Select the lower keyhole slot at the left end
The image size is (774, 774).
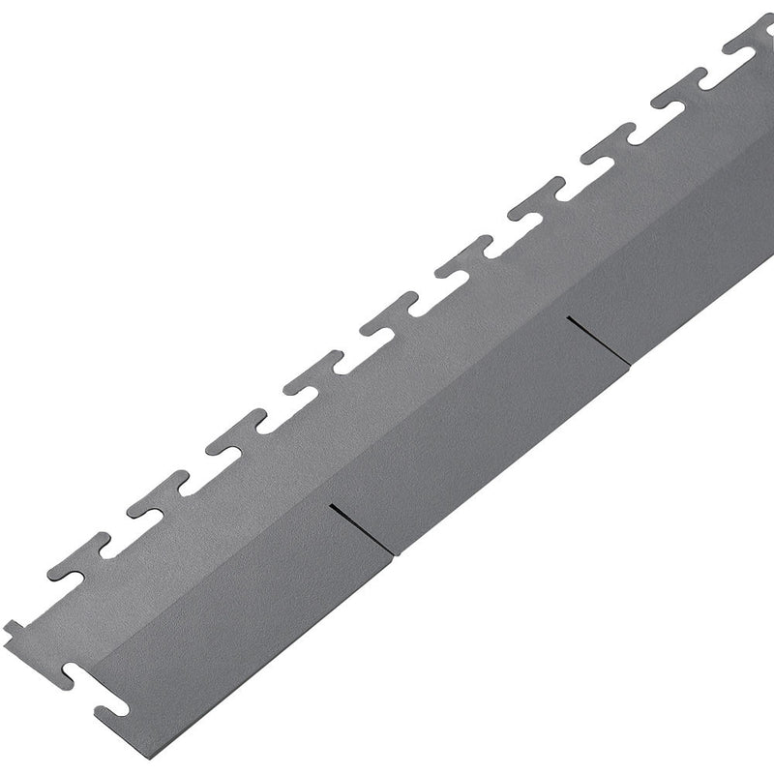112,704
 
